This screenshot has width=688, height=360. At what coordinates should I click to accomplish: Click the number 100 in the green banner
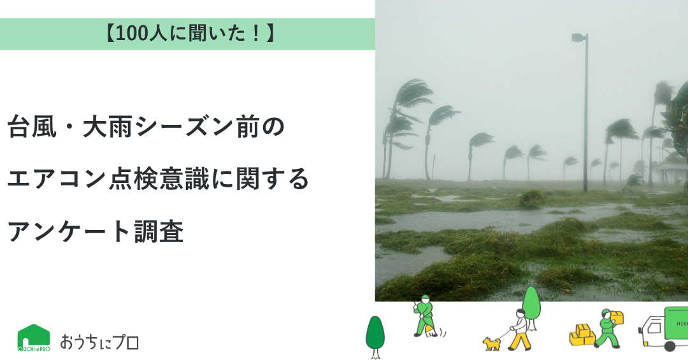coord(133,34)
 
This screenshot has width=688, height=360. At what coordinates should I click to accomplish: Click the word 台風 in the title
coord(32,127)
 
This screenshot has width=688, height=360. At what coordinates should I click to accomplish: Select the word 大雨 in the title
coord(108,127)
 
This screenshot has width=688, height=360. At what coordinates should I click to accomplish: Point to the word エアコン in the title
coord(57,179)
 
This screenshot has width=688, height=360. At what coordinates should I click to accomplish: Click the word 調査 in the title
coord(159,231)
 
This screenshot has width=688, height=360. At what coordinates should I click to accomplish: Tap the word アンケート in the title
coord(69,231)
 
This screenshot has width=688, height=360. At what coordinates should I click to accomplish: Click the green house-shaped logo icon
coord(34,338)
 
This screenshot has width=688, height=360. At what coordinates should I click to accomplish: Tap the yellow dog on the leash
coord(492,344)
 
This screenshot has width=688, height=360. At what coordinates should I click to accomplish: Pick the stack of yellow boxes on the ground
coord(582,335)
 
